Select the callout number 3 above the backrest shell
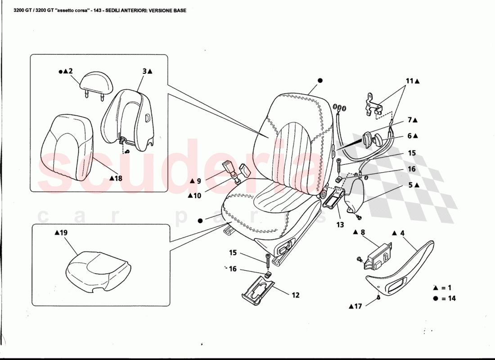click(145, 71)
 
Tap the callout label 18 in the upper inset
click(118, 178)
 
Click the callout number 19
click(63, 233)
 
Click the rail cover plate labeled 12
click(258, 291)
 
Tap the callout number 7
click(410, 120)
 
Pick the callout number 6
click(410, 135)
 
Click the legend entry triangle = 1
click(444, 288)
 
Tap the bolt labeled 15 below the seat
click(268, 261)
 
